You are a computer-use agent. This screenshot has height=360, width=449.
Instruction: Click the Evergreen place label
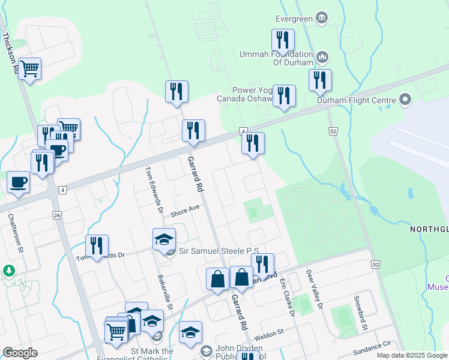coord(294,19)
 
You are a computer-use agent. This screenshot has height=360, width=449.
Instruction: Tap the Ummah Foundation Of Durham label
coord(276,58)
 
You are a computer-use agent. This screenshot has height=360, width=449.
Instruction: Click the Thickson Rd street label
coord(9,53)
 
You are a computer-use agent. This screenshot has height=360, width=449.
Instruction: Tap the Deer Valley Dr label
coord(315,289)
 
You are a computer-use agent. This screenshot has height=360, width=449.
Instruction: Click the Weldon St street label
coord(268,339)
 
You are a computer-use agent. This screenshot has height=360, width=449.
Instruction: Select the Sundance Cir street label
coord(367,346)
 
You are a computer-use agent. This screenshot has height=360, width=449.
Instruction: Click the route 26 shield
coord(57,215)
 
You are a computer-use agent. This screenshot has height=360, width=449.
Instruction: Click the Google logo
coord(20,353)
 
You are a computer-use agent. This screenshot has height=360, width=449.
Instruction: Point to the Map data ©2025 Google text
coord(411,355)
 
